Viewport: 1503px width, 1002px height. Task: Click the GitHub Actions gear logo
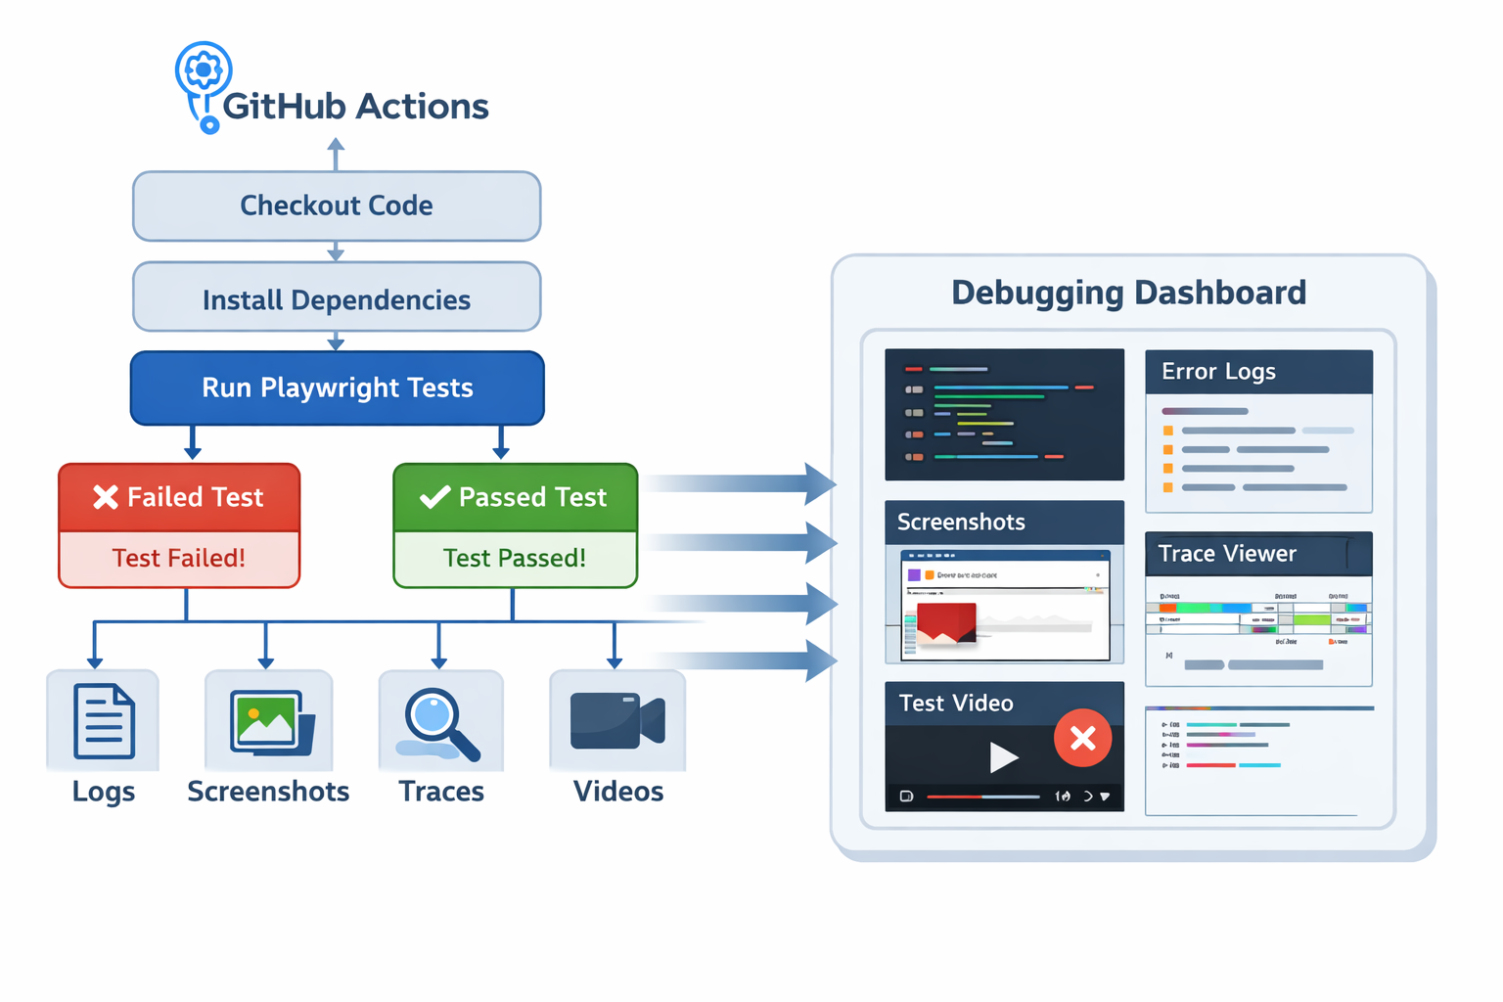[204, 70]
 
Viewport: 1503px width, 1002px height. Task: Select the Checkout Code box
[337, 205]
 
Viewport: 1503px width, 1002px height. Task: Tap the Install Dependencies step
[337, 299]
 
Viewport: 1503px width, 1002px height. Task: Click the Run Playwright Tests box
[337, 387]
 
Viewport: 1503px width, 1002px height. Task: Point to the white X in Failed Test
[106, 497]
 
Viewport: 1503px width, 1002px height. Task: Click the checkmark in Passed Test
[434, 497]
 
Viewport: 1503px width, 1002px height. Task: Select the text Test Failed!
[179, 558]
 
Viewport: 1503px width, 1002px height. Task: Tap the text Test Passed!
[515, 558]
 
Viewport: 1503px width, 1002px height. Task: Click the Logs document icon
[104, 722]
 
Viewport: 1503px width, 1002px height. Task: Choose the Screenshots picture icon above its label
[271, 722]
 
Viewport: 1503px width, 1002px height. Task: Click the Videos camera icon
[616, 721]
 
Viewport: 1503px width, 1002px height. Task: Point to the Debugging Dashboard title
[1128, 293]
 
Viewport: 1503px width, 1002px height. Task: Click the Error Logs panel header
[1258, 372]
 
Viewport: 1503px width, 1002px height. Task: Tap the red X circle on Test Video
[1082, 738]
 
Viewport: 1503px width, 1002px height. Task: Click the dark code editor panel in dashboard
[1004, 414]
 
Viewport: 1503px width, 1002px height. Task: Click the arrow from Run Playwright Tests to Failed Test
[193, 443]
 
